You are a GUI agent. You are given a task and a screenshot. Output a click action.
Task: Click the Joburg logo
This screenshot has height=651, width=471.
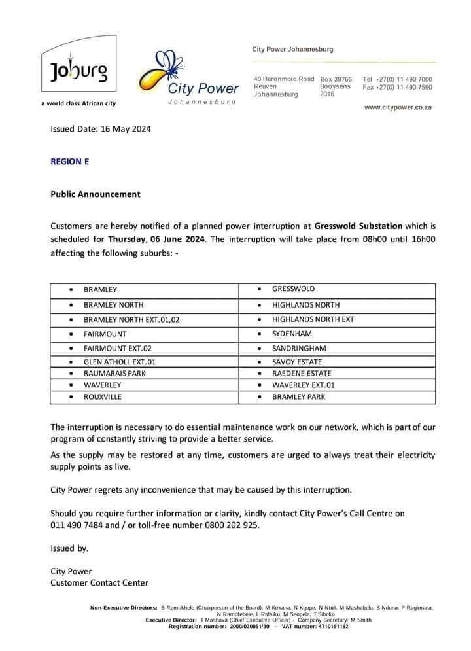(x=78, y=71)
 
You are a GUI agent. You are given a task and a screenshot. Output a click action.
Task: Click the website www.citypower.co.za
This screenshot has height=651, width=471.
(x=398, y=107)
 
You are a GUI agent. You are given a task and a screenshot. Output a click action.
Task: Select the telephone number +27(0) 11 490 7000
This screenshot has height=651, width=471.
(x=404, y=79)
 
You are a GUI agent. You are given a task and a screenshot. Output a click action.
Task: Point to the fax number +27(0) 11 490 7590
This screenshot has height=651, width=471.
(x=404, y=87)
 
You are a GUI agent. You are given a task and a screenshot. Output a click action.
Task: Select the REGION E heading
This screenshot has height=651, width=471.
(x=69, y=161)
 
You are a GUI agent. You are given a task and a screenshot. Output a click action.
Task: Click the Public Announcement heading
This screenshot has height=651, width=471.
(x=96, y=194)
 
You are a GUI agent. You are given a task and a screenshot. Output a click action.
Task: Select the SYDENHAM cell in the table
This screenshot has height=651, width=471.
(x=292, y=334)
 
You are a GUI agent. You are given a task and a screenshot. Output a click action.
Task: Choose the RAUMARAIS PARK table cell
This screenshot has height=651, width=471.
(x=114, y=373)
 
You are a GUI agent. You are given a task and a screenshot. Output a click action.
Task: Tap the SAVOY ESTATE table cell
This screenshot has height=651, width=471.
(x=297, y=362)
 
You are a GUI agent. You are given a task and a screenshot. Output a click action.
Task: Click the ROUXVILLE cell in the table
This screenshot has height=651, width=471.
(x=103, y=396)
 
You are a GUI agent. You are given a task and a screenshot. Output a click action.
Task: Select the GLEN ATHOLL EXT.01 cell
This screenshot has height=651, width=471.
(x=120, y=362)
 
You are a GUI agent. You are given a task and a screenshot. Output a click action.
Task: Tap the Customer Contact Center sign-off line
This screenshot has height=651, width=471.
(x=99, y=582)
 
